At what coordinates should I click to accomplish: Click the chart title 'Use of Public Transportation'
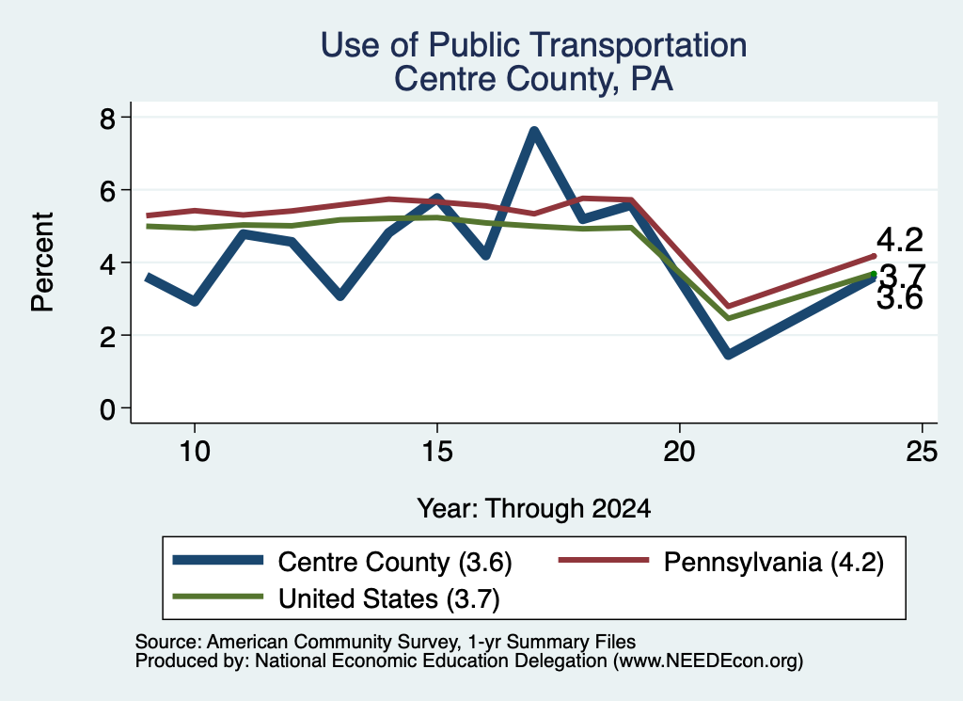pos(534,45)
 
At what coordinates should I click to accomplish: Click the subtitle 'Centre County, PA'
pos(534,79)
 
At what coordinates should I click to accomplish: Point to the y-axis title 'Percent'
pos(42,263)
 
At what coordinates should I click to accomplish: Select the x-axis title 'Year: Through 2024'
pos(534,509)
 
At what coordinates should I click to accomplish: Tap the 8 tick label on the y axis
pos(107,118)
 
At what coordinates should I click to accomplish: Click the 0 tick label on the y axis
pos(107,408)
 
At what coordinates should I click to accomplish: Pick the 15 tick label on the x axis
pos(436,453)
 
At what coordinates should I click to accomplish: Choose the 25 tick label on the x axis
pos(922,453)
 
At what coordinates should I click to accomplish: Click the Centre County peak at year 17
pos(534,132)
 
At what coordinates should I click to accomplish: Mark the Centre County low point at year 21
pos(729,353)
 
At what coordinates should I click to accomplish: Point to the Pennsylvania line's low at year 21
pos(729,306)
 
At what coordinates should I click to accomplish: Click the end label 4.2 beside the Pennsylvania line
pos(899,240)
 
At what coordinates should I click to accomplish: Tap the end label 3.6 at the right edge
pos(899,299)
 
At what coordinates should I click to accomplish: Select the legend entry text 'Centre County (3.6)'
pos(395,562)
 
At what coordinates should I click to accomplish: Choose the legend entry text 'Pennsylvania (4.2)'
pos(773,562)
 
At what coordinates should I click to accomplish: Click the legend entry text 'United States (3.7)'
pos(389,599)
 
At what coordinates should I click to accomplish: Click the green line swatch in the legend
pos(218,597)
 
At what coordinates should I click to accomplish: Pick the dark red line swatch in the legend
pos(604,560)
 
